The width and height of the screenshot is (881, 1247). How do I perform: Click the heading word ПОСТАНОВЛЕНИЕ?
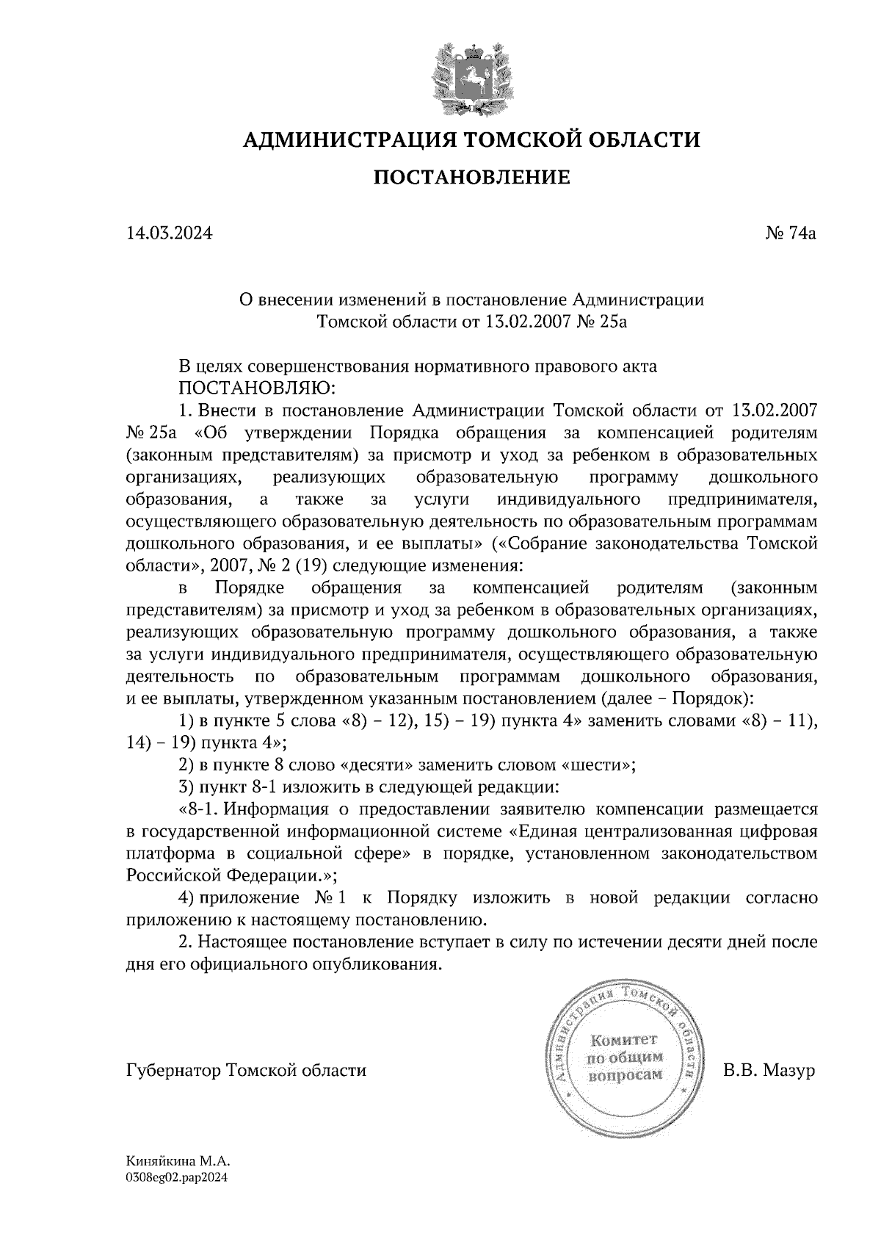coord(472,177)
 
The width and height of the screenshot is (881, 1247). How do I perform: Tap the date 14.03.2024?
coord(170,234)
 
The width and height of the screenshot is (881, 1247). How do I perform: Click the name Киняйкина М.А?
coord(178,1163)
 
